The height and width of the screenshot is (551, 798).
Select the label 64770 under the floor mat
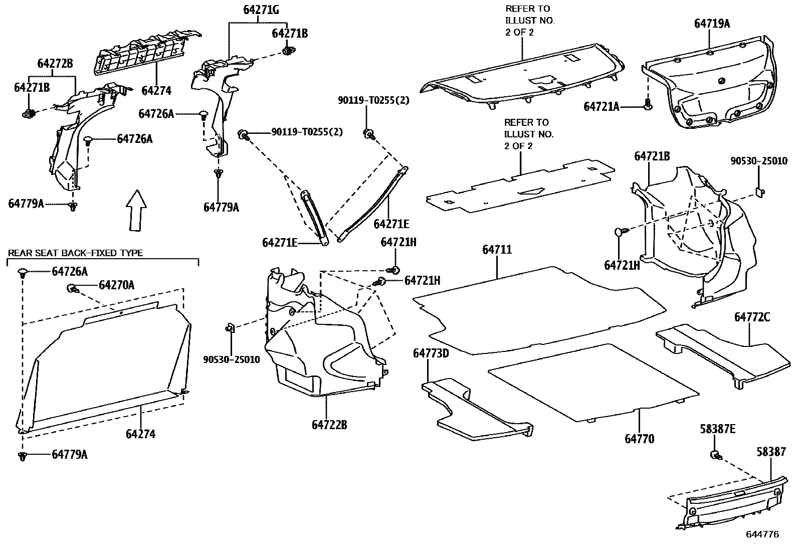639,439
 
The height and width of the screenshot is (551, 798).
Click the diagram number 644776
762,534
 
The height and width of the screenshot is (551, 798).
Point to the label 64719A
712,24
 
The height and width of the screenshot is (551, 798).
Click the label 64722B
329,425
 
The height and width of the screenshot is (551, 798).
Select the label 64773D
431,353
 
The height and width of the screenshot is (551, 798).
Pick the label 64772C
752,317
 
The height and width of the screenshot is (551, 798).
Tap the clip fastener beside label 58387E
716,455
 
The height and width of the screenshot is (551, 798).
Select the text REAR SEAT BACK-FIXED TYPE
75,253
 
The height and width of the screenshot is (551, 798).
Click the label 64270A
116,285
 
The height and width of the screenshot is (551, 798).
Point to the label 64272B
55,64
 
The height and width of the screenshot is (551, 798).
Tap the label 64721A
601,107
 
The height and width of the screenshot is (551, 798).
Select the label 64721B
652,156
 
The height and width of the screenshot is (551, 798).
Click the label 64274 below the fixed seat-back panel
140,434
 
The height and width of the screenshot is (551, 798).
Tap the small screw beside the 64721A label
648,105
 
